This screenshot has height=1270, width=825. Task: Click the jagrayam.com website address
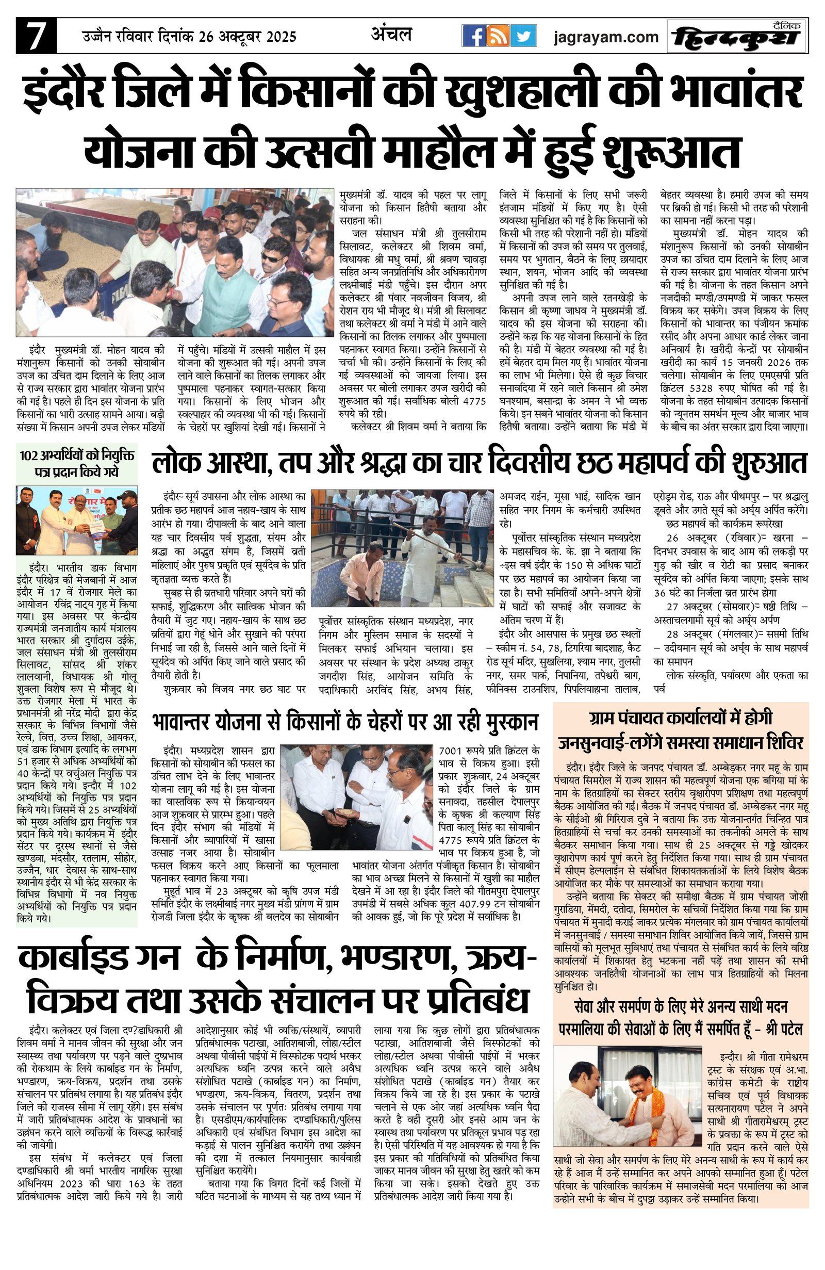(605, 37)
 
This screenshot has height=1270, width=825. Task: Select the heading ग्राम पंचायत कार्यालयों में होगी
(681, 718)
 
